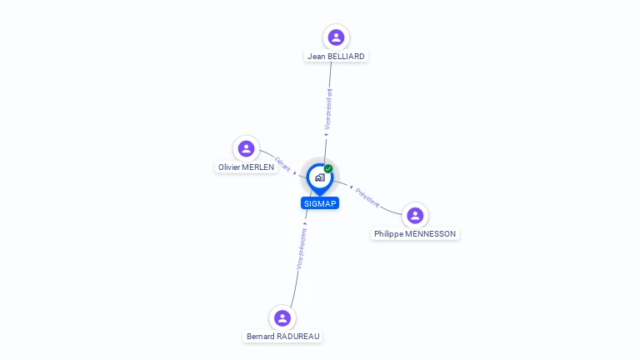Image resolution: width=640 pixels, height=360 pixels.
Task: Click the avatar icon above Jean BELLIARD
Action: pos(336,37)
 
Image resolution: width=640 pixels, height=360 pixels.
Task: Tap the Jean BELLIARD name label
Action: pos(336,57)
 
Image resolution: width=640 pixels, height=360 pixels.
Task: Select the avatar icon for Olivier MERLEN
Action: pos(246,148)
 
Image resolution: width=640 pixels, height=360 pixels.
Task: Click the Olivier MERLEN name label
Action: pos(246,167)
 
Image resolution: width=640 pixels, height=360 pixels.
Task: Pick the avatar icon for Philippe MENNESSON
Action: pos(415,216)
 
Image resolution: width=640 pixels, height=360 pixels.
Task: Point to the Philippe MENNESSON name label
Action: pos(415,234)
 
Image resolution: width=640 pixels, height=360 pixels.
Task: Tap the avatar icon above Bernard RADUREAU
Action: pos(282,317)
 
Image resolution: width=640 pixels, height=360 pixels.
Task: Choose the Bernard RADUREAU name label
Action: pos(282,337)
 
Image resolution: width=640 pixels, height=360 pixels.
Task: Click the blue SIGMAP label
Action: pos(320,203)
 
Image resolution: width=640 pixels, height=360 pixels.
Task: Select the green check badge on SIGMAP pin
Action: pos(328,168)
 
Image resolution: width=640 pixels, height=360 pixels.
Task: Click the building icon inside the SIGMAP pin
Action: pos(319,177)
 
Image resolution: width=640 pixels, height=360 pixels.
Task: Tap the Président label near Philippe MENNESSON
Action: pos(367,197)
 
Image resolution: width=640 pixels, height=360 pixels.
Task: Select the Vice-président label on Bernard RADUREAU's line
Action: pos(302,248)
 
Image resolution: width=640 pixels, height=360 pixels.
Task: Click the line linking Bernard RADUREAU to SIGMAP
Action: pos(292,287)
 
